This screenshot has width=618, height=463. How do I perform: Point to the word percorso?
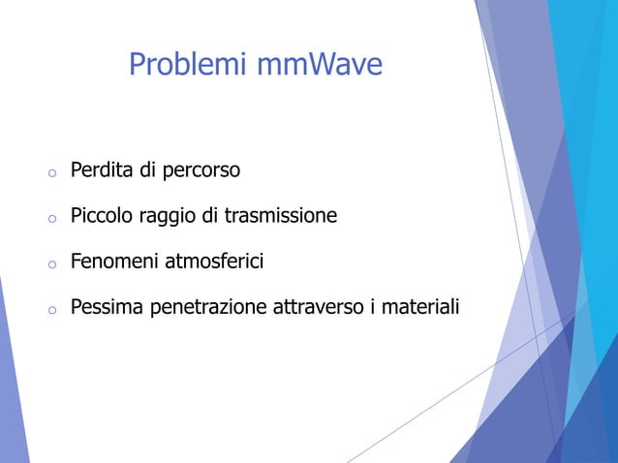click(x=201, y=171)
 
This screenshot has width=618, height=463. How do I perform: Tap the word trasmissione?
click(x=281, y=216)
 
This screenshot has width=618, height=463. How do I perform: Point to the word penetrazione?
click(x=202, y=307)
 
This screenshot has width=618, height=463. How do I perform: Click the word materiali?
click(x=420, y=307)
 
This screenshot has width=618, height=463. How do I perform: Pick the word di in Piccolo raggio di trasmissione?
click(x=210, y=216)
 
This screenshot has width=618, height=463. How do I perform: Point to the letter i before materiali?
click(x=373, y=307)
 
